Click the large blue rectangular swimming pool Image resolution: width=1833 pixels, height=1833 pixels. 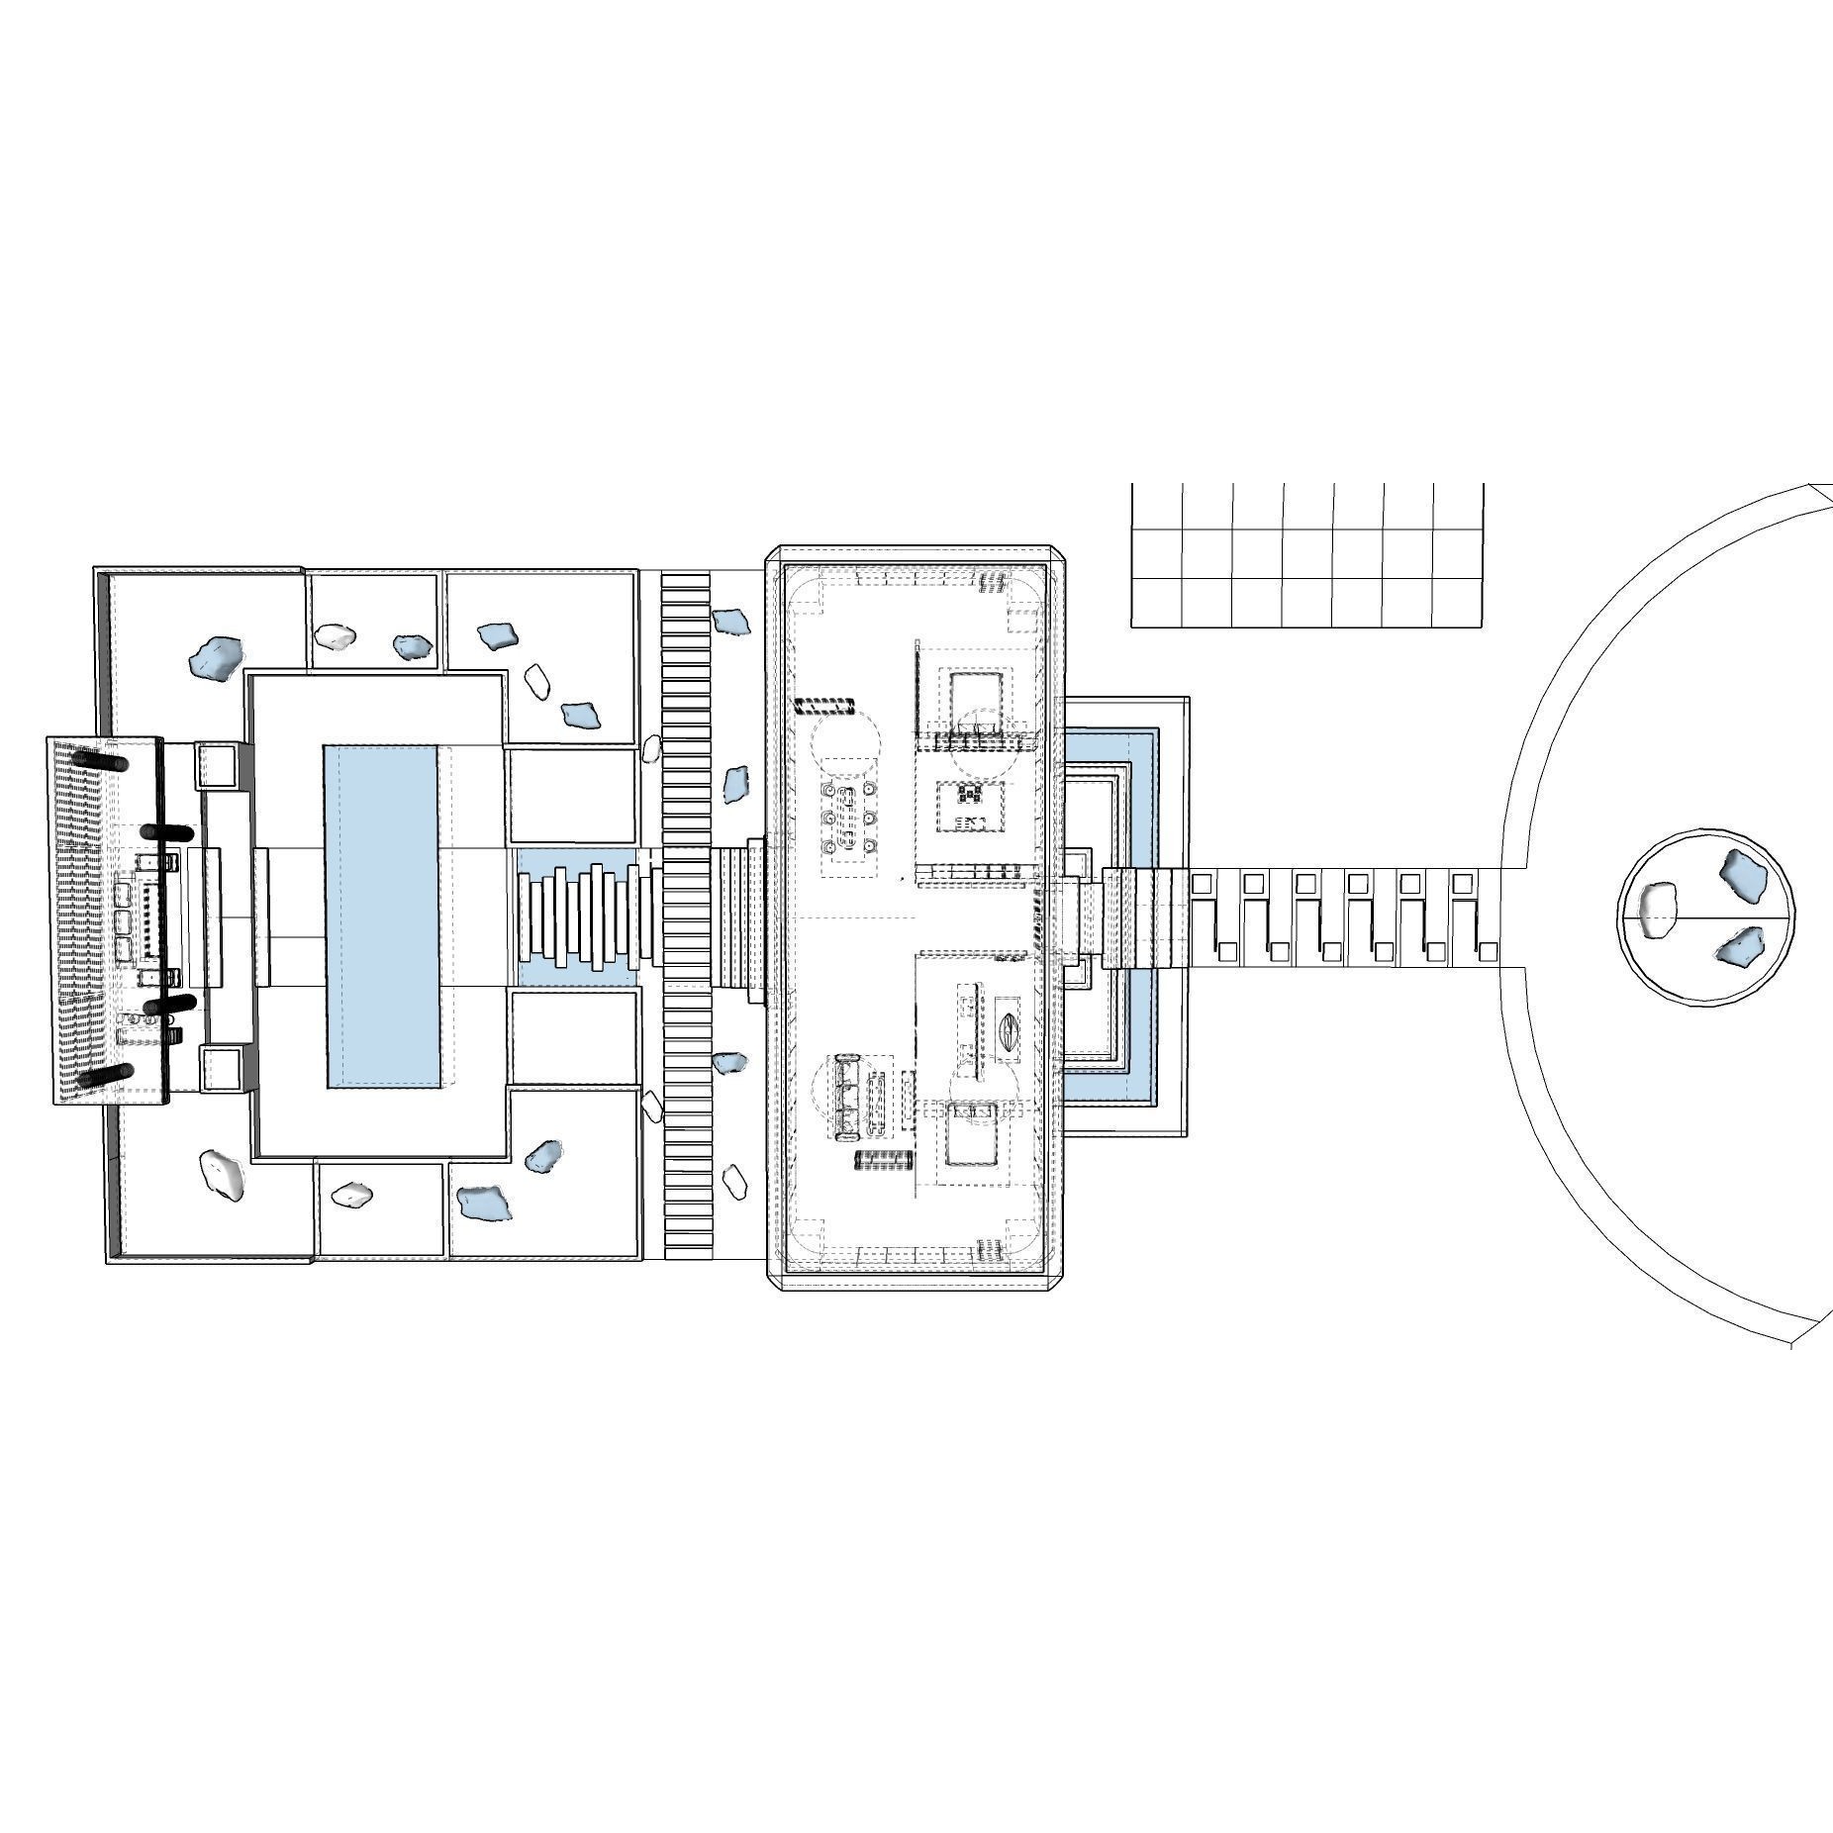[x=381, y=916]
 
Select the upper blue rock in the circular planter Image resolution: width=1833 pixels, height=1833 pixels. [x=1743, y=873]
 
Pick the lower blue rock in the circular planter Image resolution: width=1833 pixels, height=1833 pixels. [x=1740, y=947]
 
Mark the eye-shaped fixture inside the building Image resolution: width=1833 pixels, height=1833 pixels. [x=1010, y=1027]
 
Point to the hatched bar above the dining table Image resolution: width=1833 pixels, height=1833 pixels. [x=824, y=705]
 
